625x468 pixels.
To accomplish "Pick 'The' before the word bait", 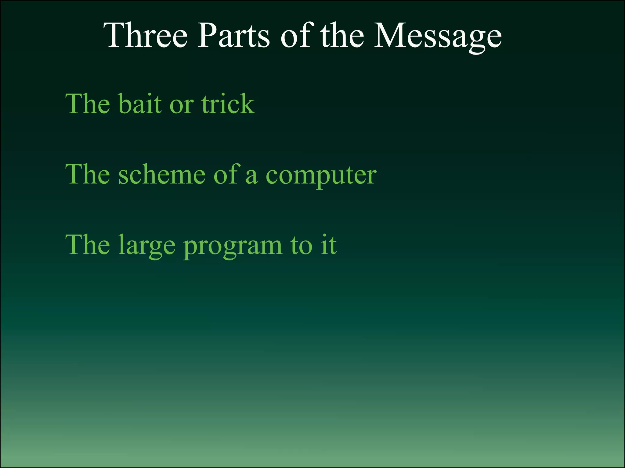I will [88, 104].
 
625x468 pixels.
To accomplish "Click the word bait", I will [140, 104].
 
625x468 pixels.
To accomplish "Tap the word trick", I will [228, 104].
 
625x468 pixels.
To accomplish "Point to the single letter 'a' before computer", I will [251, 177].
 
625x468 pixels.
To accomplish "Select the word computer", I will [321, 177].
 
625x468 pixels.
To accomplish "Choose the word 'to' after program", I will [302, 245].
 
